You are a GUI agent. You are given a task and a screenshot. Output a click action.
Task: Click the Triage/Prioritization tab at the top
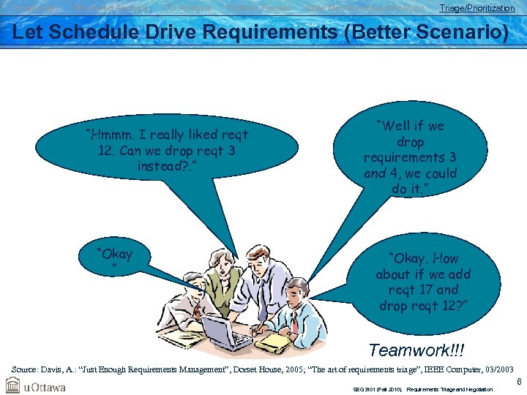tap(476, 8)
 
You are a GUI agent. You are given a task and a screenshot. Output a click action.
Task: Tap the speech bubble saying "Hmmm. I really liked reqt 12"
tap(167, 151)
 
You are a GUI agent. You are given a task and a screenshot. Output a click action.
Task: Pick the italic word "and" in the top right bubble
tap(375, 174)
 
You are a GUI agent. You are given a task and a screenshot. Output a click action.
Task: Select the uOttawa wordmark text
tap(45, 385)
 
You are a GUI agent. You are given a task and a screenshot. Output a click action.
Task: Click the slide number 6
tap(519, 382)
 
